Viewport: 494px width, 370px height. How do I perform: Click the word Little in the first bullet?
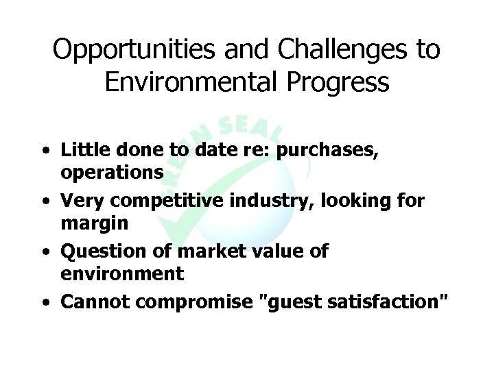point(79,150)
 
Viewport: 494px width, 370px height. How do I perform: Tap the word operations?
point(112,173)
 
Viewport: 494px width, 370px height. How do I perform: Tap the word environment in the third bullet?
point(122,274)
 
